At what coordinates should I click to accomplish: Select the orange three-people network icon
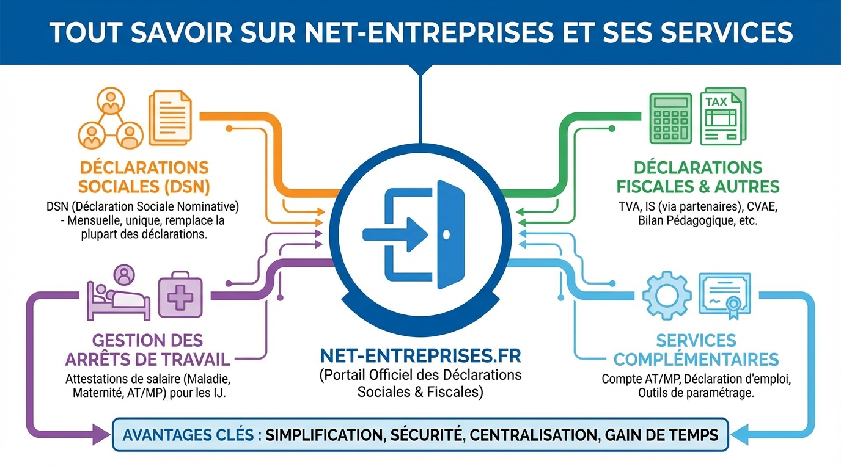[x=110, y=118]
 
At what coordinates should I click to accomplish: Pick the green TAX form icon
[x=722, y=116]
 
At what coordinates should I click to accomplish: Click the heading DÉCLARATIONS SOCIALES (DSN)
[x=144, y=176]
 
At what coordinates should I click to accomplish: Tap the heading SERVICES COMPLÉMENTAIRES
[x=696, y=349]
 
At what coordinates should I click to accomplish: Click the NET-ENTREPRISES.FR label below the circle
[x=420, y=355]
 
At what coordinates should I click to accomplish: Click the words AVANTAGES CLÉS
[x=192, y=435]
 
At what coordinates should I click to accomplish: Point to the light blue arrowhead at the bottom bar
[x=741, y=435]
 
